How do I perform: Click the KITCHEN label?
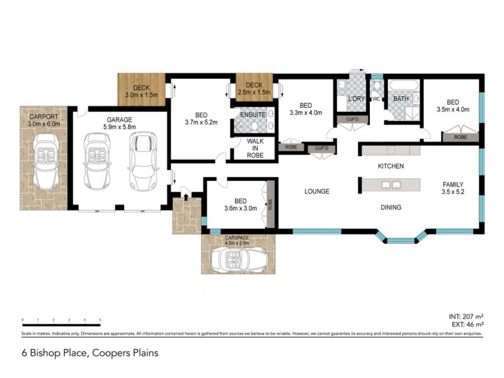tap(390, 166)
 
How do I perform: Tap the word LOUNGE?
tap(318, 192)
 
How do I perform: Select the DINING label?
tap(391, 207)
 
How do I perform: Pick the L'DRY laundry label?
tap(355, 99)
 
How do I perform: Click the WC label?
tap(376, 99)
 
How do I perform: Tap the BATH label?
tap(401, 99)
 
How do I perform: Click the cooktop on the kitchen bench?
tap(391, 150)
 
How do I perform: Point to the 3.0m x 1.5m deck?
tap(140, 90)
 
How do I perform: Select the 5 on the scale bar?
tap(100, 321)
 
